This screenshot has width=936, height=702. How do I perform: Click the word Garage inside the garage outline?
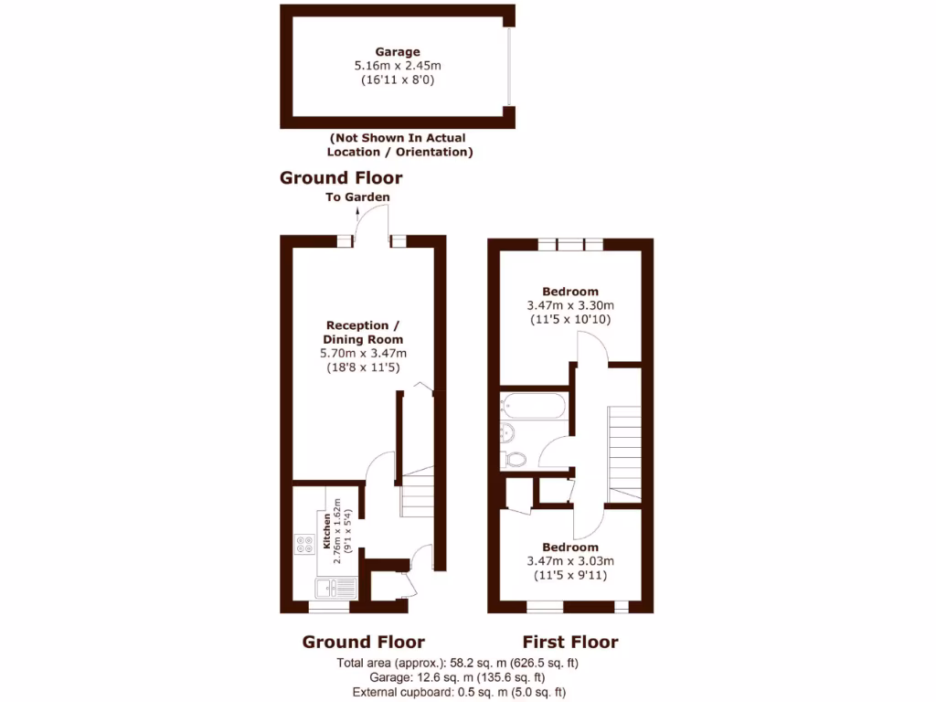(x=398, y=52)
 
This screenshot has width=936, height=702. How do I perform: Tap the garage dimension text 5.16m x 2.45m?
(x=398, y=66)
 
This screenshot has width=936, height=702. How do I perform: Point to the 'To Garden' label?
(x=357, y=197)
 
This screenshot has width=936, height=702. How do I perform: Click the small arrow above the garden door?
(x=357, y=213)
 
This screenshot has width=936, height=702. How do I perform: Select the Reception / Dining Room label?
(x=363, y=333)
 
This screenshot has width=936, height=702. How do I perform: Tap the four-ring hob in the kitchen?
(x=303, y=545)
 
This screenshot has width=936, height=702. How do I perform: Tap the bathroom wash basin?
(x=507, y=431)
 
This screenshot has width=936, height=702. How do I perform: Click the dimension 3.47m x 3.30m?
(x=569, y=305)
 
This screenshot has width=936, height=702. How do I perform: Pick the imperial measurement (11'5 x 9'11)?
(x=569, y=575)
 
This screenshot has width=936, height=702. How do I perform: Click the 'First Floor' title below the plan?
(x=569, y=642)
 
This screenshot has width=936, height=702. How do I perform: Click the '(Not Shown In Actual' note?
(x=398, y=138)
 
